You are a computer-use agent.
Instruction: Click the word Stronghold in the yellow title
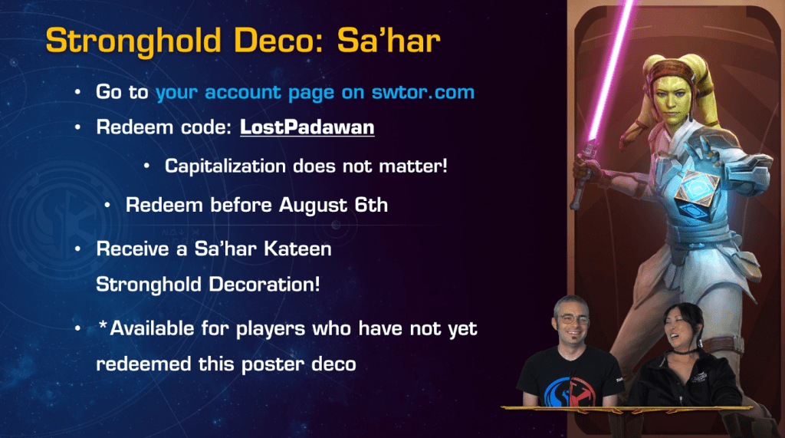pyautogui.click(x=133, y=41)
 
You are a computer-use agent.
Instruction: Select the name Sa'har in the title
pyautogui.click(x=389, y=40)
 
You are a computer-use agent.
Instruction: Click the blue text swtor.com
pyautogui.click(x=422, y=92)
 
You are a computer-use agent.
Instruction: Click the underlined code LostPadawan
pyautogui.click(x=307, y=127)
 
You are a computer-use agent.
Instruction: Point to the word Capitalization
pyautogui.click(x=225, y=166)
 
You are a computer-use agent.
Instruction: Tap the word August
pyautogui.click(x=313, y=206)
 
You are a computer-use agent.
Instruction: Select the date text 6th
pyautogui.click(x=371, y=205)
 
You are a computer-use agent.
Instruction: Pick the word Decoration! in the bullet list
pyautogui.click(x=264, y=285)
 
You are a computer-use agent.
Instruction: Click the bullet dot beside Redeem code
pyautogui.click(x=77, y=127)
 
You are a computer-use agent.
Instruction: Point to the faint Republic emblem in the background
pyautogui.click(x=65, y=220)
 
